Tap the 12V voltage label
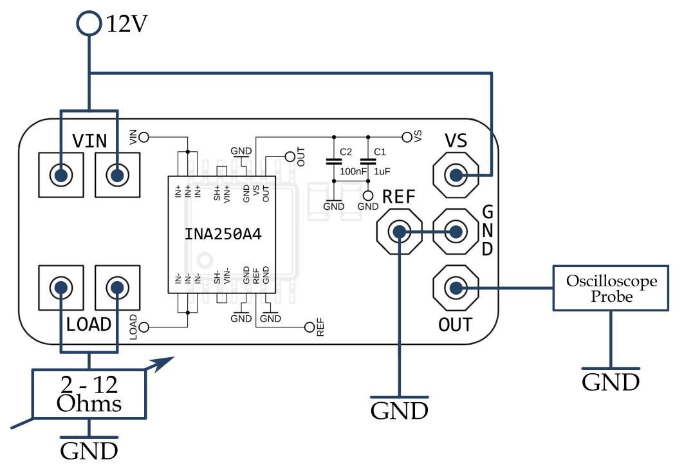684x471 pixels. click(127, 24)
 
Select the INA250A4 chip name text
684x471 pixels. click(223, 234)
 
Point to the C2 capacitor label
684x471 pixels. click(346, 152)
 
